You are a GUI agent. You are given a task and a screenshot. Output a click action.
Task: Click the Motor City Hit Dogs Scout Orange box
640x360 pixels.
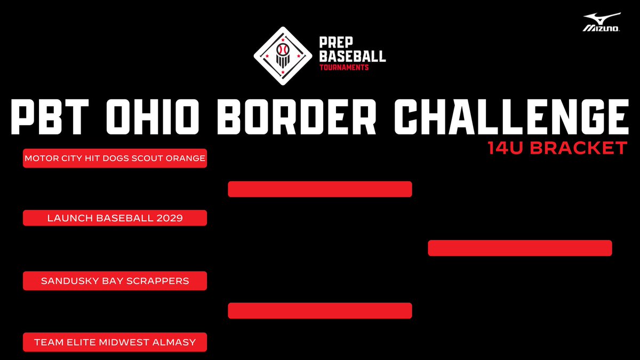point(115,158)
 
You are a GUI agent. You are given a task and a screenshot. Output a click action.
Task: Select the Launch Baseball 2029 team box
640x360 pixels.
point(115,218)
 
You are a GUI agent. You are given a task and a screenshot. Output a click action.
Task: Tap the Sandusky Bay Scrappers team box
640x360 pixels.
point(115,281)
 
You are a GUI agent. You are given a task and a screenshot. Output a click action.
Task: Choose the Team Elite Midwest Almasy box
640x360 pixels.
point(115,342)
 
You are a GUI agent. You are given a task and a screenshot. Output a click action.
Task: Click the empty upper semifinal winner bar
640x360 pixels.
point(320,189)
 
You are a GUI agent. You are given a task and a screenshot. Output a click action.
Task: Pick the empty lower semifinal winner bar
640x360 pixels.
point(320,311)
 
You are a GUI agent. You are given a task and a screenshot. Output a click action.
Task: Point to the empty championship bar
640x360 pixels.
point(519,248)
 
